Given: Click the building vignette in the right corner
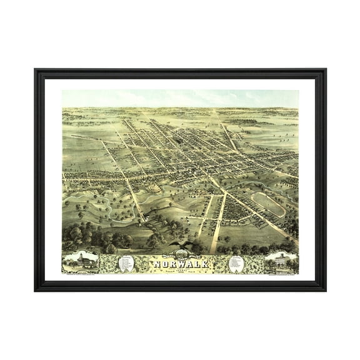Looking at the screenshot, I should tap(280, 261).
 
